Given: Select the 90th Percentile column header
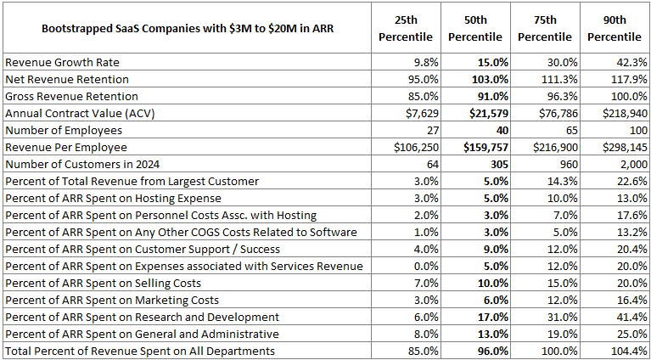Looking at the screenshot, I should click(615, 28).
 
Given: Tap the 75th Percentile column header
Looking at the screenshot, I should click(545, 28).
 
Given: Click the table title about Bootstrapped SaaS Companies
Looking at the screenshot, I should click(188, 29).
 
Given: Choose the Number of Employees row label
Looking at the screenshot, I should click(64, 130).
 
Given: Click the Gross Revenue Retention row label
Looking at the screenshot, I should click(71, 96).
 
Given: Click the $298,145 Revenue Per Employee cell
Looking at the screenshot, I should click(620, 147).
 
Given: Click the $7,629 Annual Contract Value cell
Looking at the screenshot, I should click(418, 113).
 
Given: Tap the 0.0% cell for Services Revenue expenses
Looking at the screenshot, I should click(425, 266).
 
